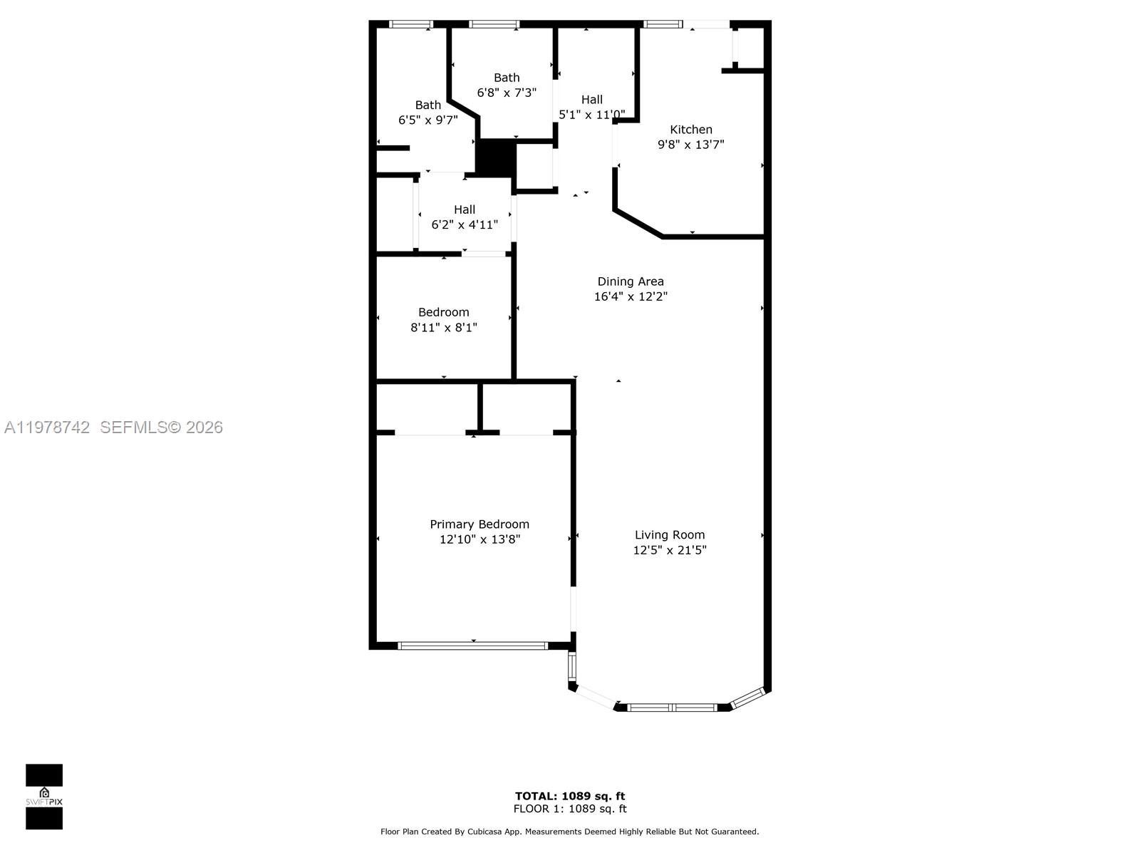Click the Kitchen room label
click(x=690, y=130)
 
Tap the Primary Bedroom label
click(x=479, y=524)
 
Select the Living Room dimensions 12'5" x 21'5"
click(x=669, y=550)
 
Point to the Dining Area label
click(x=630, y=281)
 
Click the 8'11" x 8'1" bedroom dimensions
click(x=443, y=328)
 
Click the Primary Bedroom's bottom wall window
click(x=472, y=646)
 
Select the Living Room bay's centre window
click(x=671, y=708)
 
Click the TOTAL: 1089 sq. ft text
click(x=570, y=796)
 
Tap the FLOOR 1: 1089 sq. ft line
click(x=570, y=809)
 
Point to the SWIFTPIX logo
click(x=44, y=797)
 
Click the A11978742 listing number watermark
click(x=47, y=427)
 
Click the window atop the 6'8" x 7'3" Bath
click(x=494, y=24)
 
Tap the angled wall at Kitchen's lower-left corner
click(x=638, y=223)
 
